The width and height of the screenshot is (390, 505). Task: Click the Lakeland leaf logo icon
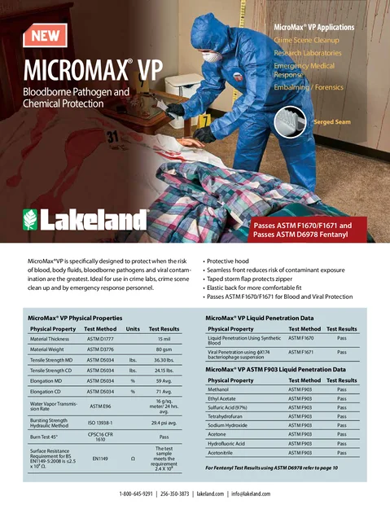tap(31, 219)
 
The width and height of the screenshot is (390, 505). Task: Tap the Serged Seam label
tap(332, 122)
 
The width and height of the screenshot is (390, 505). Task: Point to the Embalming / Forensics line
tap(309, 87)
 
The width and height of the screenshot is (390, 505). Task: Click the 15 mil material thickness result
tap(164, 338)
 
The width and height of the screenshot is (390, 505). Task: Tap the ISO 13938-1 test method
tap(100, 423)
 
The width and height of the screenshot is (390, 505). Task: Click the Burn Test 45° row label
tap(46, 437)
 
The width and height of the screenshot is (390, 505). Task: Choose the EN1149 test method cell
tap(100, 459)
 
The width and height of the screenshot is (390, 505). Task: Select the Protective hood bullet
tap(234, 261)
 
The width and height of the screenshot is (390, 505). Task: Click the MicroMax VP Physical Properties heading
tap(75, 316)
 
